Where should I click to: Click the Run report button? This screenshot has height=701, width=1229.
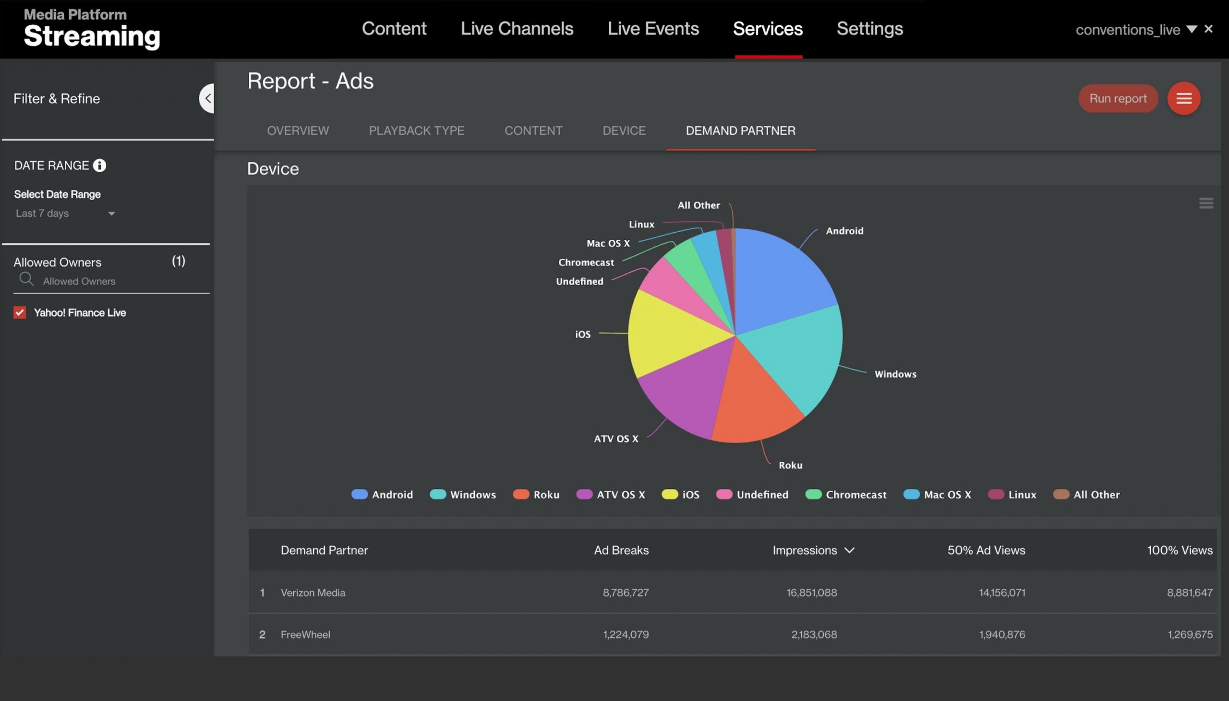coord(1117,98)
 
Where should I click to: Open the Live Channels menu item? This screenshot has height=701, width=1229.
coord(516,29)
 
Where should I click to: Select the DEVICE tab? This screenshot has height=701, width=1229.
coord(624,131)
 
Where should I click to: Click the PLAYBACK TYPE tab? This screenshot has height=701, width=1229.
coord(416,131)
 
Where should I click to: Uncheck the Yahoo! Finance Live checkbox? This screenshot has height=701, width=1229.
coord(20,312)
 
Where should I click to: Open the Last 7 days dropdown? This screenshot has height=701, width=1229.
coord(65,214)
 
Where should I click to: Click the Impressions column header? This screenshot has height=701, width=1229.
coord(804,550)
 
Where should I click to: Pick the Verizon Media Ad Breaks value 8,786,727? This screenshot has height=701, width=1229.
coord(625,592)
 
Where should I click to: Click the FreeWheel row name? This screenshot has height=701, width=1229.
coord(305,634)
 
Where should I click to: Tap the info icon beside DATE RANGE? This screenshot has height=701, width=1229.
coord(100,166)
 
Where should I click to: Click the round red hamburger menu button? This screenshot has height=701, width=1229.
coord(1183,98)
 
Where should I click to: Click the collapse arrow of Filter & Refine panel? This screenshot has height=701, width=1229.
coord(207,98)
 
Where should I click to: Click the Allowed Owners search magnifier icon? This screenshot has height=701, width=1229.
coord(26,279)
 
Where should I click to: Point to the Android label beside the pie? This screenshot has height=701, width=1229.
coord(844,231)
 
